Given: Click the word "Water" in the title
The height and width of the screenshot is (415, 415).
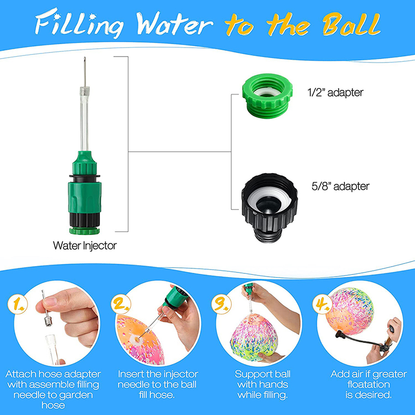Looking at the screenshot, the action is click(x=175, y=24).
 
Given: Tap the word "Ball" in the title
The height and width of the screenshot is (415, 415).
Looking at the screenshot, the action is click(x=352, y=24).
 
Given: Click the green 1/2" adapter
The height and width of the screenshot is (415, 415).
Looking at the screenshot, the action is click(x=268, y=96).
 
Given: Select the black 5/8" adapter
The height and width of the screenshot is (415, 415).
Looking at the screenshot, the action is click(x=269, y=208).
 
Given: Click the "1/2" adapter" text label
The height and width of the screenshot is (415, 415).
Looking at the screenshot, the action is click(x=335, y=93).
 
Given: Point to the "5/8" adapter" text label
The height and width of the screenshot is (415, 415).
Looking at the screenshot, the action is click(x=340, y=186).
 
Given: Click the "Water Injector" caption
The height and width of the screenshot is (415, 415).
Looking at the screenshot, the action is click(x=85, y=245).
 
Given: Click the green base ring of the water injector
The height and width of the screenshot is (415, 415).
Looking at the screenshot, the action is click(x=85, y=231).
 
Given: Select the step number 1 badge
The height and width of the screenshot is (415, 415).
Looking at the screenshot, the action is click(x=18, y=304).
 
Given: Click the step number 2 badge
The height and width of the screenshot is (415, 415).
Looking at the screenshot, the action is click(x=121, y=304).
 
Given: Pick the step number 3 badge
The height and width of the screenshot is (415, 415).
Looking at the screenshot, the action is click(x=222, y=304).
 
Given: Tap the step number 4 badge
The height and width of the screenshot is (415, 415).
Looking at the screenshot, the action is click(x=322, y=304).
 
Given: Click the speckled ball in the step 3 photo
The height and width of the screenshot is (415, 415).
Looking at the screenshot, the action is click(x=254, y=338).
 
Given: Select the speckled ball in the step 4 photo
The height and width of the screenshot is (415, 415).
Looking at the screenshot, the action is click(x=350, y=308).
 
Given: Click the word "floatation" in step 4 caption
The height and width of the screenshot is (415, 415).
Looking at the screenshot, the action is click(x=369, y=384).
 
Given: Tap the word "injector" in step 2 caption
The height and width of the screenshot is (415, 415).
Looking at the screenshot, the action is click(x=181, y=375).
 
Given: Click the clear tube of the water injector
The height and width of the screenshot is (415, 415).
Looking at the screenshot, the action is click(x=85, y=119).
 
